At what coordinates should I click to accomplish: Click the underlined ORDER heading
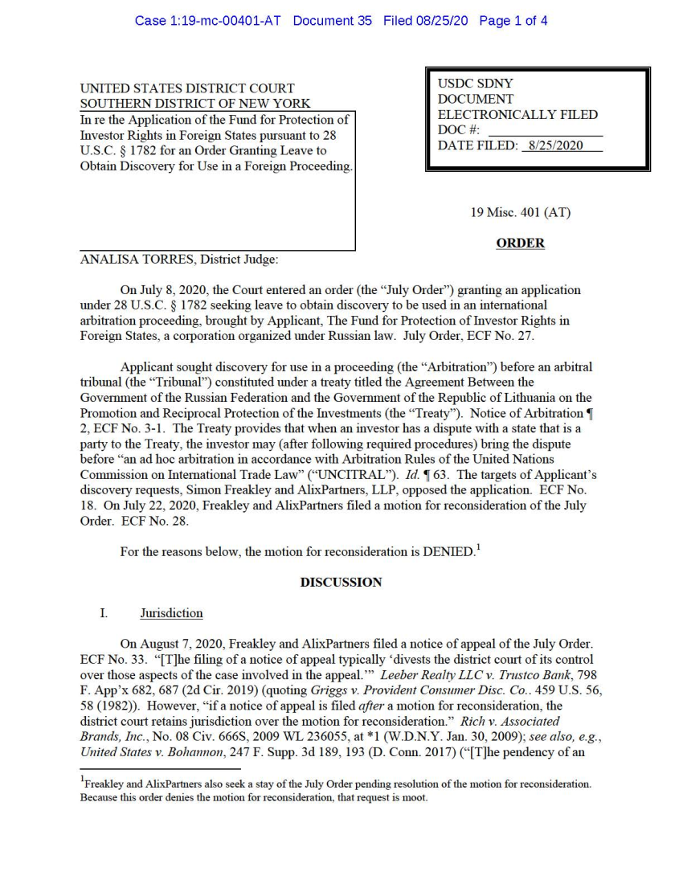coord(520,243)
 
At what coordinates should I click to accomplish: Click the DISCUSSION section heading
coord(341,582)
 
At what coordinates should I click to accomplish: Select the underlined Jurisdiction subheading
coord(171,613)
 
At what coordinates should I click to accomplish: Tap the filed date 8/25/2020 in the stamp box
coord(553,145)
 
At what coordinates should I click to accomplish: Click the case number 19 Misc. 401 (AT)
coord(520,213)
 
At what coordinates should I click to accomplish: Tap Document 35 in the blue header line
coord(333,21)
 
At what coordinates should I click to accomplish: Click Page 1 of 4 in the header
coord(513,21)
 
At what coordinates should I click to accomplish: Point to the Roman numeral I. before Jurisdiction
coord(104,613)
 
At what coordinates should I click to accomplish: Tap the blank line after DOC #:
coord(545,130)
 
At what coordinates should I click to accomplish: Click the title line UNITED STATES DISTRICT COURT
coord(187,88)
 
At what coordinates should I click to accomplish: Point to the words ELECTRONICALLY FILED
coord(517,115)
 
